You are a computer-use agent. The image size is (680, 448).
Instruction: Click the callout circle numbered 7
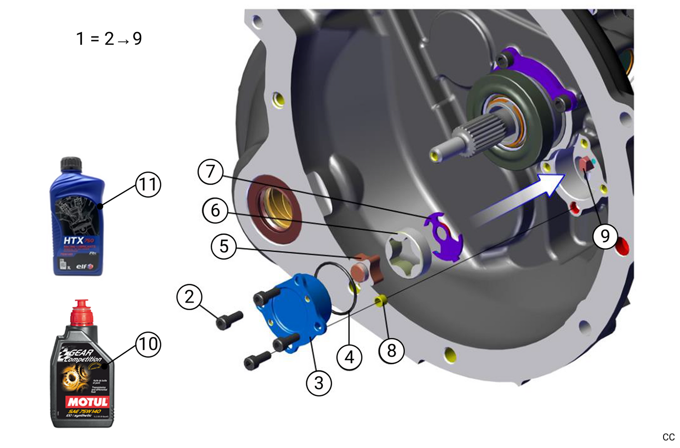tap(210, 172)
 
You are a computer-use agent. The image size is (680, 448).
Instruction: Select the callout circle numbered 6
tap(215, 210)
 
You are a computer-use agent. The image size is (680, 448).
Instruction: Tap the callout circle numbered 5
tap(224, 246)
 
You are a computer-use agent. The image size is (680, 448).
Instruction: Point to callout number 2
tap(189, 297)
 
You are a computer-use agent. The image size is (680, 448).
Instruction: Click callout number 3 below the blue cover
tap(319, 383)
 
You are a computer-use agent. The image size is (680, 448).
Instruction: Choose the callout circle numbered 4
tap(349, 358)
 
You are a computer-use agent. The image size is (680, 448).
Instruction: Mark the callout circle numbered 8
tap(392, 351)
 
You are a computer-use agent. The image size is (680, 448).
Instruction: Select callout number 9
tap(605, 236)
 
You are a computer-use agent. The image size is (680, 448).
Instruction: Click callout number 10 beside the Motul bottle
tap(148, 344)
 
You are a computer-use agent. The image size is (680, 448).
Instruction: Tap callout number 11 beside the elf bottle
tap(148, 184)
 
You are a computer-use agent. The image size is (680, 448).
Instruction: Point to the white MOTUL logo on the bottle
tap(88, 402)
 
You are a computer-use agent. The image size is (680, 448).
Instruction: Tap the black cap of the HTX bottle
tap(72, 164)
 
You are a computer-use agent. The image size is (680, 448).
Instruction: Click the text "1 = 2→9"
tap(109, 39)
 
